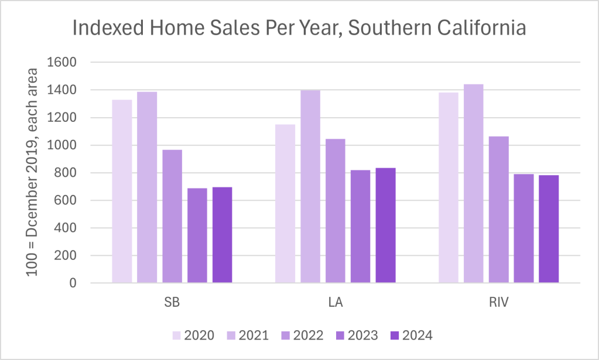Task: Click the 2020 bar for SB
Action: [122, 191]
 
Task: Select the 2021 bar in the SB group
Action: [147, 187]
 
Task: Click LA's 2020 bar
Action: [285, 204]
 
